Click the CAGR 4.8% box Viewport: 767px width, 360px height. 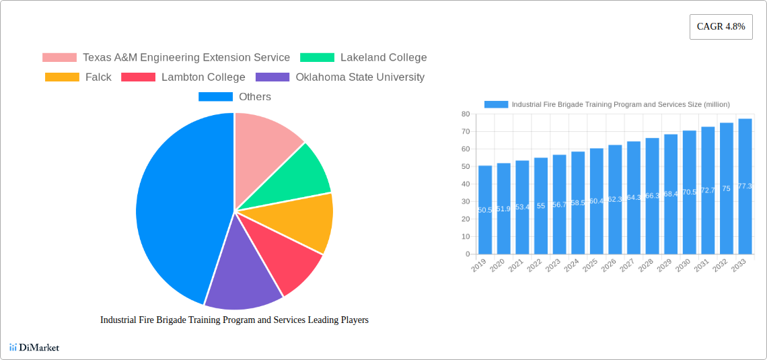pos(721,27)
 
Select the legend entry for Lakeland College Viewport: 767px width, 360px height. pos(363,58)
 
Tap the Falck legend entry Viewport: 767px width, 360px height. pos(79,77)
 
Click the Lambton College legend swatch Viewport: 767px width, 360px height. pos(138,77)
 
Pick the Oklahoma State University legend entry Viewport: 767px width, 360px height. pos(340,77)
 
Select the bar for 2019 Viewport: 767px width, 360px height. pos(485,210)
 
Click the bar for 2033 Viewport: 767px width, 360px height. pos(745,186)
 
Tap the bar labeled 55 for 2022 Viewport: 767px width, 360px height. pos(541,206)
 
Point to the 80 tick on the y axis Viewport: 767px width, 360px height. pos(465,114)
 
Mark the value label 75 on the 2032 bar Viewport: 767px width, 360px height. pos(726,189)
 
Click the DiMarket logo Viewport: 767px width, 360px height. pos(34,347)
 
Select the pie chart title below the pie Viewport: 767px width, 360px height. pos(234,320)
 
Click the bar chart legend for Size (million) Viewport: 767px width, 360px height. pos(607,104)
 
